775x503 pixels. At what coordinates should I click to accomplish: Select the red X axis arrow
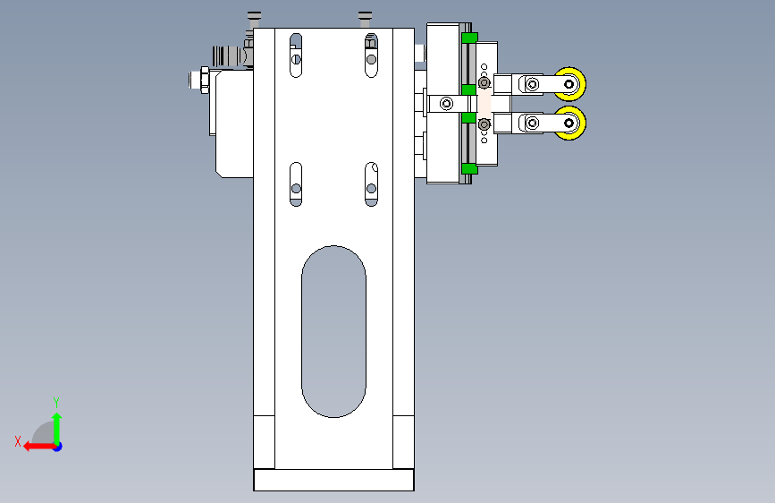[39, 447]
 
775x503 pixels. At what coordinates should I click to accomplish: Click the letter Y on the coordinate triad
[56, 402]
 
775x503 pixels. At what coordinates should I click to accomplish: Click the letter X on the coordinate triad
[18, 441]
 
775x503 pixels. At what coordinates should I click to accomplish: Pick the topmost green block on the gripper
[469, 38]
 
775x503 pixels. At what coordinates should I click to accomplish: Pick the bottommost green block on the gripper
[469, 169]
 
